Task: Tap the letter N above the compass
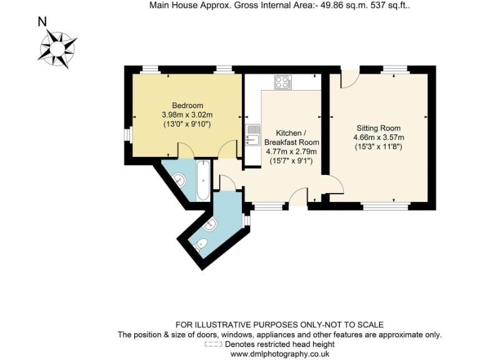click(x=42, y=22)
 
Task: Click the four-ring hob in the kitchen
click(x=282, y=82)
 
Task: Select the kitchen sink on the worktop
click(x=253, y=134)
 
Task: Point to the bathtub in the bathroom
click(x=203, y=180)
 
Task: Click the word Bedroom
click(x=187, y=106)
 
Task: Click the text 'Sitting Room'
click(x=379, y=128)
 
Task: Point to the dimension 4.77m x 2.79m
click(x=292, y=151)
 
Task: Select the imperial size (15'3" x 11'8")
click(x=379, y=147)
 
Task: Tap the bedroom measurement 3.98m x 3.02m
click(x=187, y=115)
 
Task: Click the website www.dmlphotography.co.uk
click(x=279, y=354)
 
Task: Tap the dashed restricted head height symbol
click(x=213, y=344)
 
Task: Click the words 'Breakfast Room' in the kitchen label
click(x=292, y=142)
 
